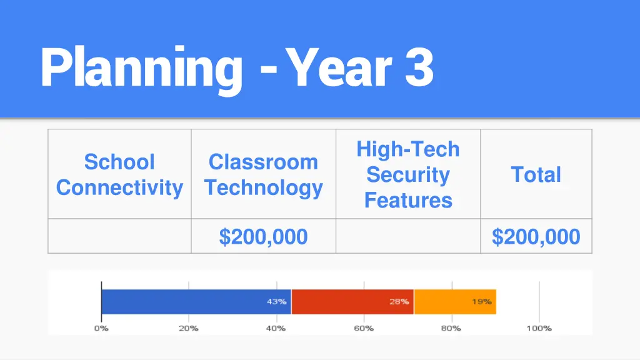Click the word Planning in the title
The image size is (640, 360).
(x=141, y=68)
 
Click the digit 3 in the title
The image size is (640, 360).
(x=419, y=68)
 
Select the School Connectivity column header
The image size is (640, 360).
(x=119, y=174)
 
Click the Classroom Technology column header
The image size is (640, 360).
(x=263, y=174)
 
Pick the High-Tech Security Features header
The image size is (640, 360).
(x=408, y=174)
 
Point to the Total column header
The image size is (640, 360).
(x=536, y=174)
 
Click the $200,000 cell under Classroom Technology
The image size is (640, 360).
(x=263, y=237)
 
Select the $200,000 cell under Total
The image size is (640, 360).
(x=536, y=237)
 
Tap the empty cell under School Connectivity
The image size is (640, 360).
(x=119, y=237)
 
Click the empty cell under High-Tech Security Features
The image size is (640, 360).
(x=408, y=237)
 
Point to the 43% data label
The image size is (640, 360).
(x=277, y=302)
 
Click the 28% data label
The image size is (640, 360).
(x=399, y=302)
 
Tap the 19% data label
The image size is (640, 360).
(x=481, y=302)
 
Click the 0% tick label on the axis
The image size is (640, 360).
(x=101, y=328)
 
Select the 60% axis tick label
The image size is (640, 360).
(x=364, y=328)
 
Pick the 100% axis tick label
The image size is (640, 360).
(x=539, y=328)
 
